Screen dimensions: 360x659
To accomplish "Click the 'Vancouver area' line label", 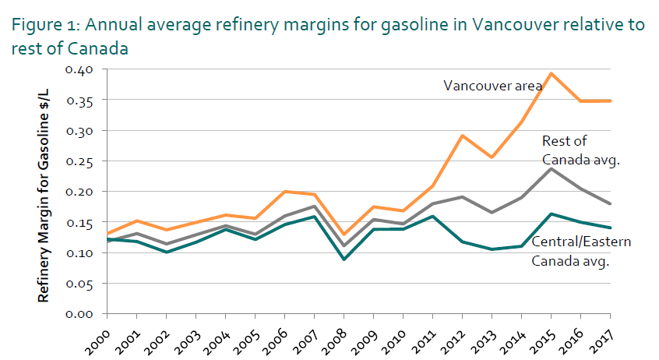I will pos(492,86).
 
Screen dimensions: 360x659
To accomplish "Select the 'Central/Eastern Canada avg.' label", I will pos(580,251).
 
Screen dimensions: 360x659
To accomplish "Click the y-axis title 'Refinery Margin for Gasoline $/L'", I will pos(44,191).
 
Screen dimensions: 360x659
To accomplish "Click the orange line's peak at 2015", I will pos(551,73).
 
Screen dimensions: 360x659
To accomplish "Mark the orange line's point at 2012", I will pos(462,136).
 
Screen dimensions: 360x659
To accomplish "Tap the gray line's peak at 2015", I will pos(551,168).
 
